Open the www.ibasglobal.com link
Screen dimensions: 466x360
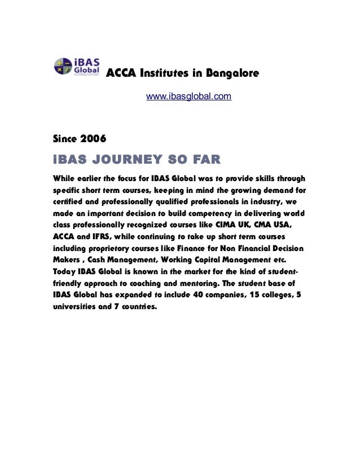pyautogui.click(x=188, y=97)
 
